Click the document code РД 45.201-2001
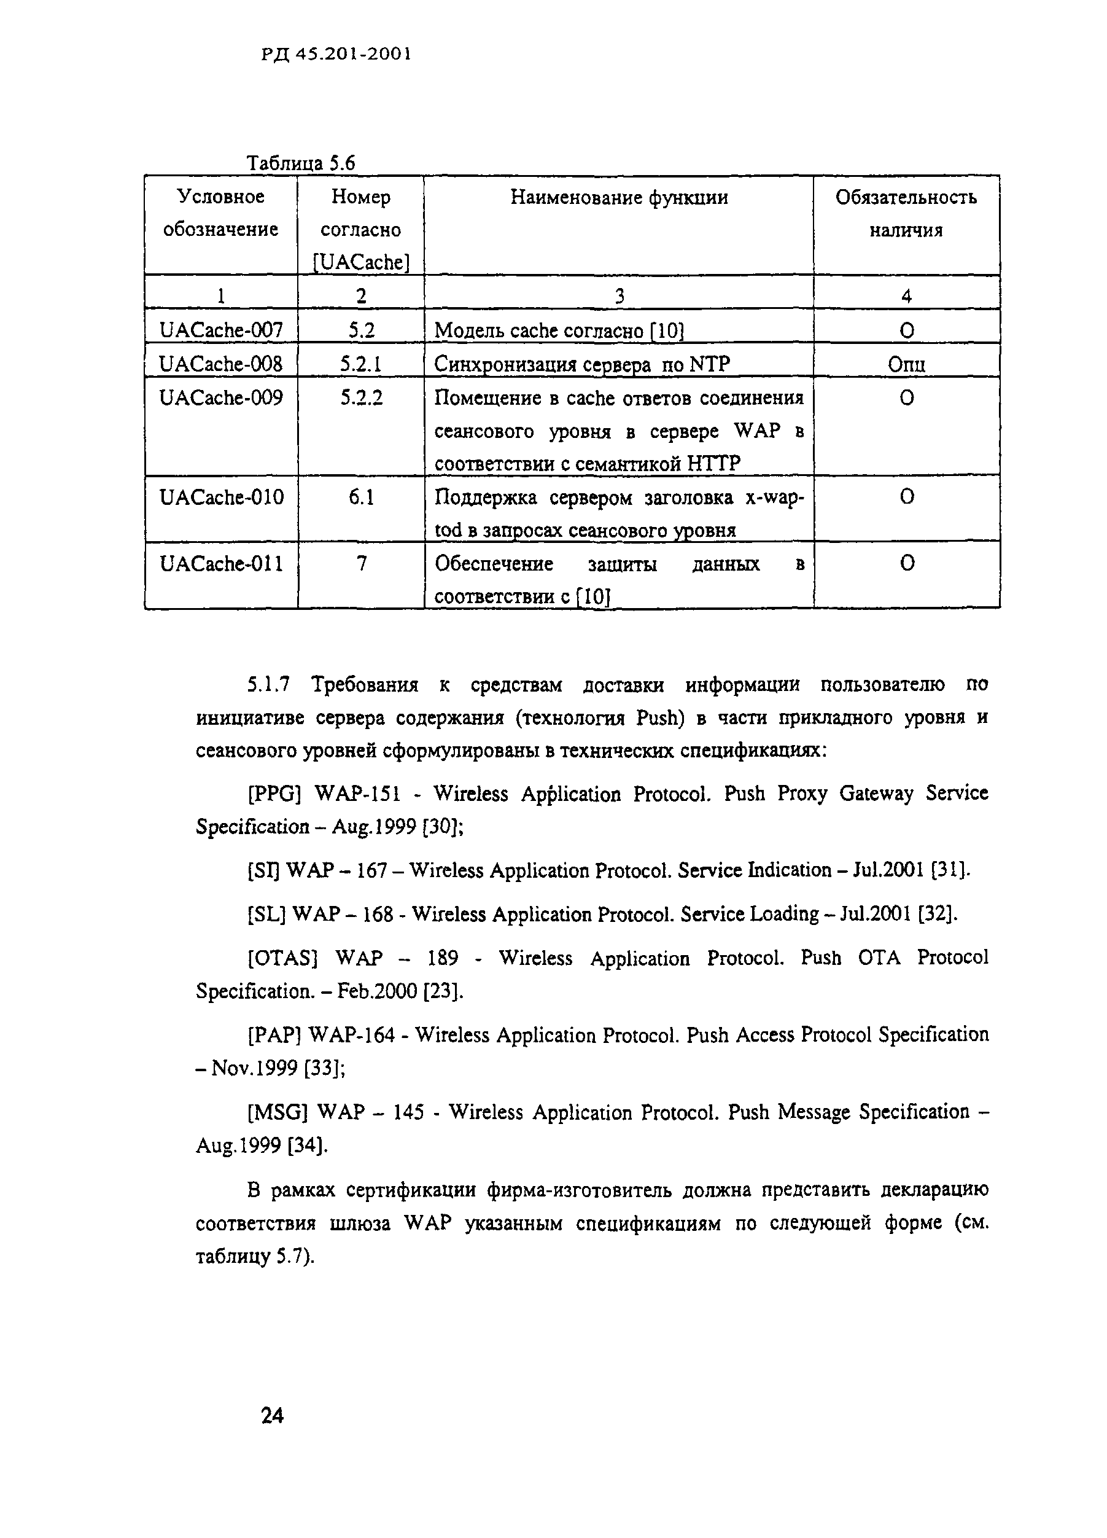pos(336,54)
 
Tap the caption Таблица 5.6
pos(300,163)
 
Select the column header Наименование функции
pos(619,197)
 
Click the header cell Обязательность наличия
pos(906,213)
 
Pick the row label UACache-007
pos(221,330)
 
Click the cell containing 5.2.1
pos(360,364)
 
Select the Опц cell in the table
pos(906,364)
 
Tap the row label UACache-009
pos(221,397)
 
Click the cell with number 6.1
pos(360,498)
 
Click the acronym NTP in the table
pos(709,364)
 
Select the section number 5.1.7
pos(268,685)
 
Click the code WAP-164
pos(351,1036)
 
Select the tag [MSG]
pos(278,1113)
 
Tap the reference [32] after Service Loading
pos(937,914)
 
